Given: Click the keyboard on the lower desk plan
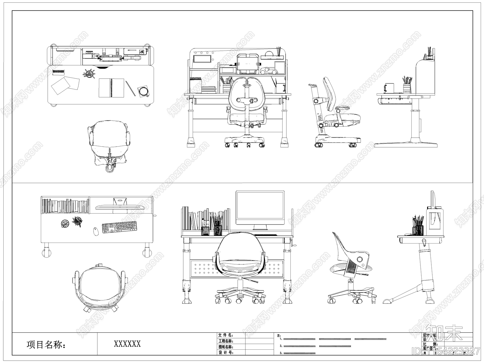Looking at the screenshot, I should click(119, 227).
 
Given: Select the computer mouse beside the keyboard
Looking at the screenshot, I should click(96, 231).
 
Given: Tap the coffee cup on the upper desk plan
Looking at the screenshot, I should click(143, 91).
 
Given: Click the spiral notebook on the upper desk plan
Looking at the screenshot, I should click(112, 88).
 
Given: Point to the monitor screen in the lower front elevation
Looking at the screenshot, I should click(260, 208).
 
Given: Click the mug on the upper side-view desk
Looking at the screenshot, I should click(389, 88).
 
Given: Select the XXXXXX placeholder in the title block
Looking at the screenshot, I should click(127, 344).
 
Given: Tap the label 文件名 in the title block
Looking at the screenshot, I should click(226, 335).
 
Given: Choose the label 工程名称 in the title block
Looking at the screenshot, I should click(226, 341).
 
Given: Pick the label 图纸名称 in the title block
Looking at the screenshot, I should click(226, 347).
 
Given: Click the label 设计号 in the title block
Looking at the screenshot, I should click(226, 352).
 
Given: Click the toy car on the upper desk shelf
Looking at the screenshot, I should click(269, 71).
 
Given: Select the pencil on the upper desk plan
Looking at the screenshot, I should click(130, 88).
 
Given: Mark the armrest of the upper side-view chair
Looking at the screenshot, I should click(343, 109).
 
